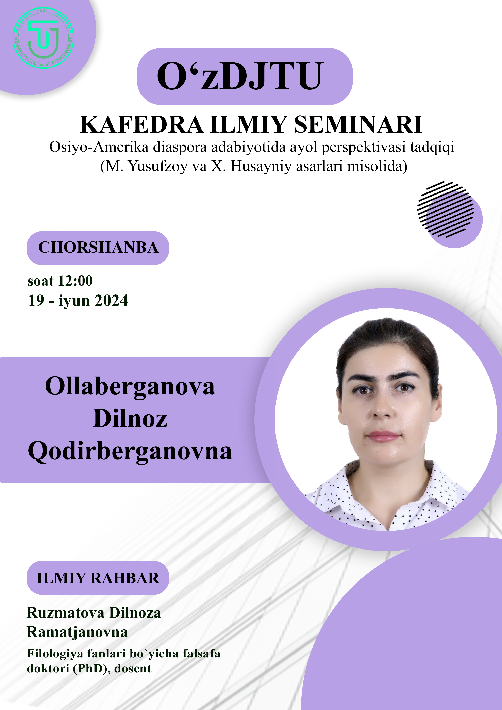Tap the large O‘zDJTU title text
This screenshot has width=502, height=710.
click(x=240, y=76)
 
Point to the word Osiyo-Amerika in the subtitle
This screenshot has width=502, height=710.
click(x=99, y=147)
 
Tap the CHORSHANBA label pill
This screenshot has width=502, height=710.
click(x=98, y=248)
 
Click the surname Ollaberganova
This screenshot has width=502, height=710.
click(x=130, y=387)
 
